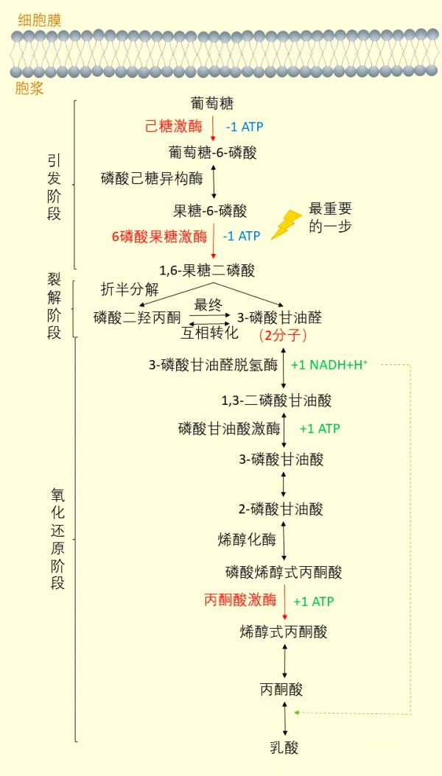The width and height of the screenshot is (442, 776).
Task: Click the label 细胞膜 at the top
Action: coord(40,21)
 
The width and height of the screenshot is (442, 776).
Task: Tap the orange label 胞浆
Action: coord(29,88)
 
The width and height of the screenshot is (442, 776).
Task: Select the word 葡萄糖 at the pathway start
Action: coord(212,103)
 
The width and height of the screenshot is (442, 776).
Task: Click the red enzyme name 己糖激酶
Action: coord(174,127)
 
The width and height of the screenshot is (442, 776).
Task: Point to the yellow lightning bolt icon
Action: coord(286,225)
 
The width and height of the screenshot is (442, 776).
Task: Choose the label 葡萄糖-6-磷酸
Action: coord(213,152)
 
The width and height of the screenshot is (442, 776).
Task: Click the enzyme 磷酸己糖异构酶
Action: coord(152,178)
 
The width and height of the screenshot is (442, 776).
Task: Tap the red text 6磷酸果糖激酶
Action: coord(159,236)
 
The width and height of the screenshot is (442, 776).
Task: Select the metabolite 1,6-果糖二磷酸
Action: coord(207,271)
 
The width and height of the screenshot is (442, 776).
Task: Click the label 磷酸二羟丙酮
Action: coord(137,317)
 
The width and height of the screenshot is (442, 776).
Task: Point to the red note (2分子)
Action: coord(284,336)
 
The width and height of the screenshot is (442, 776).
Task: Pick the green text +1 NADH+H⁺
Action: coord(329,364)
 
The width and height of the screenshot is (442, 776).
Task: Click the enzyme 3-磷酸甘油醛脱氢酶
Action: coord(214,365)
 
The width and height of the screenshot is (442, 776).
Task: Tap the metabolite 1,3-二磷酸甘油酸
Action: coord(276,400)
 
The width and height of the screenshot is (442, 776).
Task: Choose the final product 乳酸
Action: coord(284,747)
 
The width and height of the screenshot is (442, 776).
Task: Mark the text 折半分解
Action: coord(130,289)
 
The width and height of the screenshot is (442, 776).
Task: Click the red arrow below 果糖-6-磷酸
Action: coord(214,241)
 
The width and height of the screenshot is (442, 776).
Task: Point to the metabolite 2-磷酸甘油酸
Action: coord(281,509)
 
